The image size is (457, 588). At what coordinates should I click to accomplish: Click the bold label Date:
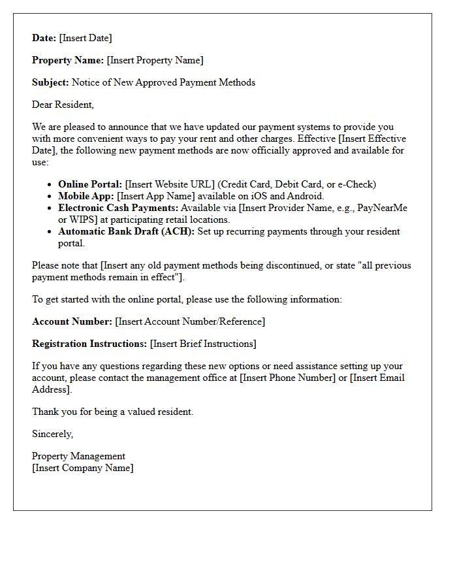tap(44, 38)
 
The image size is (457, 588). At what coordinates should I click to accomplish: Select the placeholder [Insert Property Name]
tap(155, 60)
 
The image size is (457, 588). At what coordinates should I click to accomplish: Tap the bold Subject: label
tap(50, 82)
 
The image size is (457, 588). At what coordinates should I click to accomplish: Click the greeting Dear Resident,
tap(63, 105)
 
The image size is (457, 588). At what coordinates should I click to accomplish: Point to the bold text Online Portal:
tap(90, 184)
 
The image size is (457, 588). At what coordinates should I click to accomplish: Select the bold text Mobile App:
tap(86, 196)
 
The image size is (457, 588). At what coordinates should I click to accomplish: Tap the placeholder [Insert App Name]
tap(155, 196)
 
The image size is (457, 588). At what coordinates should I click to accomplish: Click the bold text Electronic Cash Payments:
tap(118, 208)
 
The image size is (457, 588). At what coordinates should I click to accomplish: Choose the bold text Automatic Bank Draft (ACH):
tap(126, 231)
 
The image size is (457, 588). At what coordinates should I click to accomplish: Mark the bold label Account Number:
tap(72, 321)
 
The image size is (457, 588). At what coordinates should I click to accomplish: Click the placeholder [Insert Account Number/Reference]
tap(190, 321)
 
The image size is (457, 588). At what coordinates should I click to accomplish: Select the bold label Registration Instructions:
tap(89, 344)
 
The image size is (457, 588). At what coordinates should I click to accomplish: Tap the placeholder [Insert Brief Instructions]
tap(203, 344)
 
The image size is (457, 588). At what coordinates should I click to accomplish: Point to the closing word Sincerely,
tap(52, 434)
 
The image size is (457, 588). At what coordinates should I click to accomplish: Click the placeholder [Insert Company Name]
tap(82, 468)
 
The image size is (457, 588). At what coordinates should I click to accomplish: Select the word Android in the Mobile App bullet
tap(306, 196)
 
